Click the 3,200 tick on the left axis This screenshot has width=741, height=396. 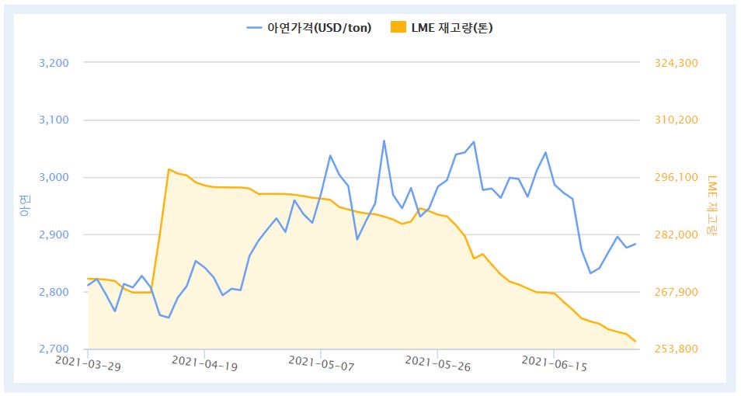54,63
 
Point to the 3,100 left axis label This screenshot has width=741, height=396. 54,120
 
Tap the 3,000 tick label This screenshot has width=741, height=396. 54,178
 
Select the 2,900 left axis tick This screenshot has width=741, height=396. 54,235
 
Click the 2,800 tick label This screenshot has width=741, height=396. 54,293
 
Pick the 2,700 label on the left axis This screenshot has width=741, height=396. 54,349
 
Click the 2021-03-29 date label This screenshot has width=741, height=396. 88,363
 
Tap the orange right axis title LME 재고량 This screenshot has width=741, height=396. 713,206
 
